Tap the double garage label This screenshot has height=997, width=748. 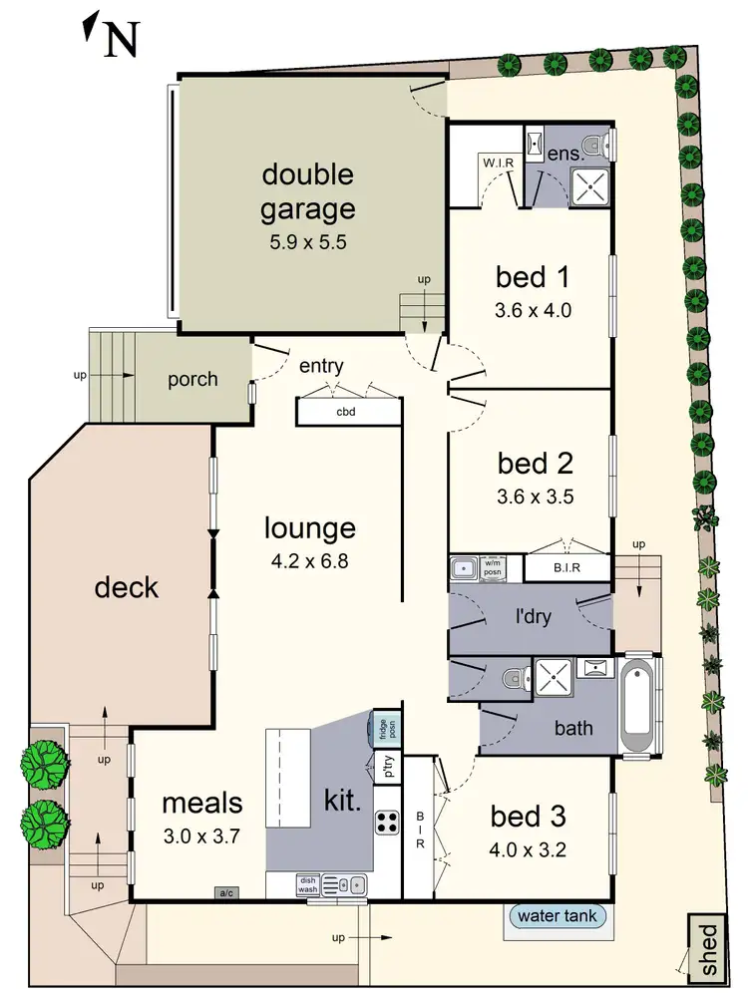[x=307, y=191]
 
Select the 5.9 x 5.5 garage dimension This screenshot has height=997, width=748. [x=307, y=241]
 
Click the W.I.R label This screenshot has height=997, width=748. [x=498, y=163]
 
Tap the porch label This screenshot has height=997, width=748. [x=191, y=379]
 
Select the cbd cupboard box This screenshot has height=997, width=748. [x=345, y=412]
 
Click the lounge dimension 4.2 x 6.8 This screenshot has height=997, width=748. [x=309, y=560]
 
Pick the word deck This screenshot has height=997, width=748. [x=127, y=587]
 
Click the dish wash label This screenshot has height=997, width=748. [x=307, y=883]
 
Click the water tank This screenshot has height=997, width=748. [x=557, y=915]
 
